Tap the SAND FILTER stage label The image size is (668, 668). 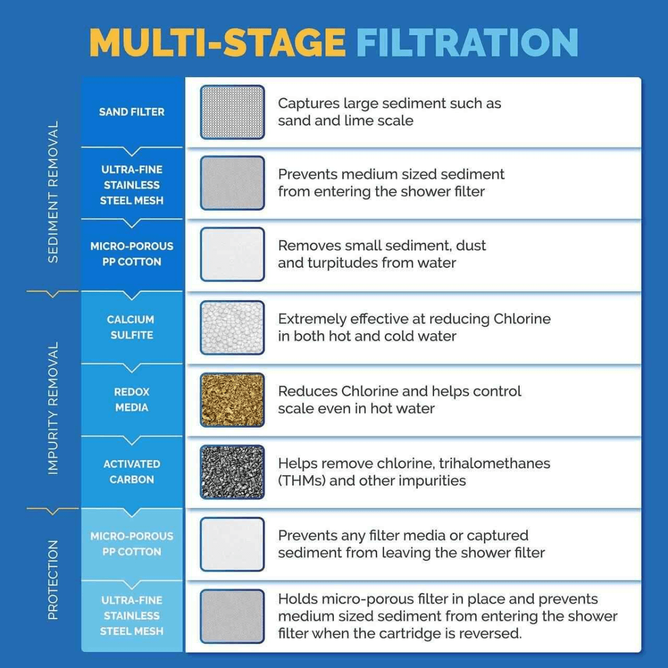(x=132, y=112)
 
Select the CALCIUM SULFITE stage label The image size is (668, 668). (x=131, y=327)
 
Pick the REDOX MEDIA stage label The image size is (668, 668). (x=132, y=400)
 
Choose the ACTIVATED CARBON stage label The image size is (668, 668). (x=132, y=471)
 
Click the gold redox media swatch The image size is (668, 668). (x=232, y=400)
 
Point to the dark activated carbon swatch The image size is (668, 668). (x=232, y=472)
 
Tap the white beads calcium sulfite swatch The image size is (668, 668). (x=232, y=327)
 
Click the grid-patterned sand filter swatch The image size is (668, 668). (x=232, y=112)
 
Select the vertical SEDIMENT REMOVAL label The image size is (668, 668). (x=53, y=192)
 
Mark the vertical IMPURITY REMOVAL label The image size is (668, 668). (x=53, y=409)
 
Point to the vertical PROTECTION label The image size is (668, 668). (x=53, y=579)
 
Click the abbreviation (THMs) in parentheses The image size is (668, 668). (x=302, y=480)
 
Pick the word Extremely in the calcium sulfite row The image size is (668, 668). (x=313, y=319)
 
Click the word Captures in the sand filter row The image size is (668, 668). (x=308, y=104)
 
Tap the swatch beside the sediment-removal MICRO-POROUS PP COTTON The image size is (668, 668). (x=232, y=254)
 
